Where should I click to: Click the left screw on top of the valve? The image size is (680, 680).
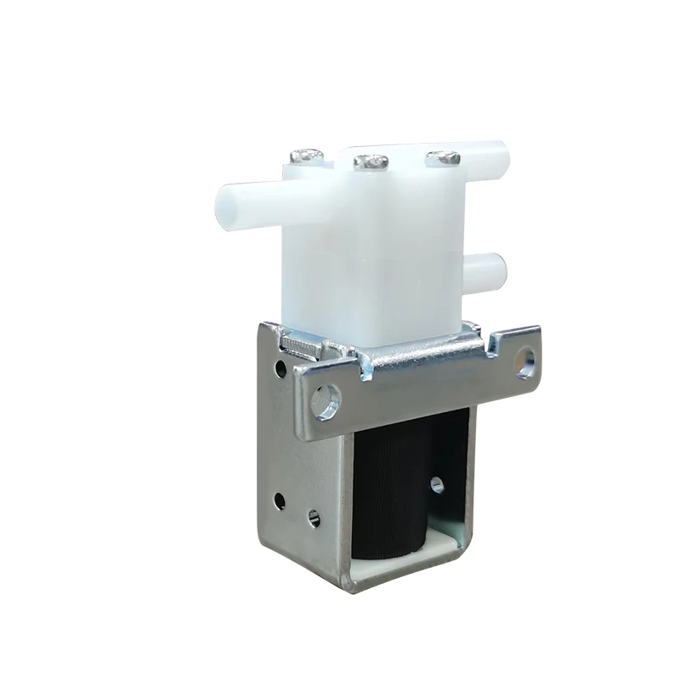point(307,156)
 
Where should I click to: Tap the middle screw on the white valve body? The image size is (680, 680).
point(371,161)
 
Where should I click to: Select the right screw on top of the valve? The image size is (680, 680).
point(443,157)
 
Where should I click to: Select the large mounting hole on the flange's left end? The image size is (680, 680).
point(325,399)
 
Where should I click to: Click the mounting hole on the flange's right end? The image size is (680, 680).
point(526,363)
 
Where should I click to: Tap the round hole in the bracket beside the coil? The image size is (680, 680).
point(437,484)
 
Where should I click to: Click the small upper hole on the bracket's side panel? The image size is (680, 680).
point(280,368)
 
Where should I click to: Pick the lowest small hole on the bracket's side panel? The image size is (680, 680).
point(314,517)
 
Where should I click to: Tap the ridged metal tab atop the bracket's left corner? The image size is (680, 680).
point(297,343)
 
